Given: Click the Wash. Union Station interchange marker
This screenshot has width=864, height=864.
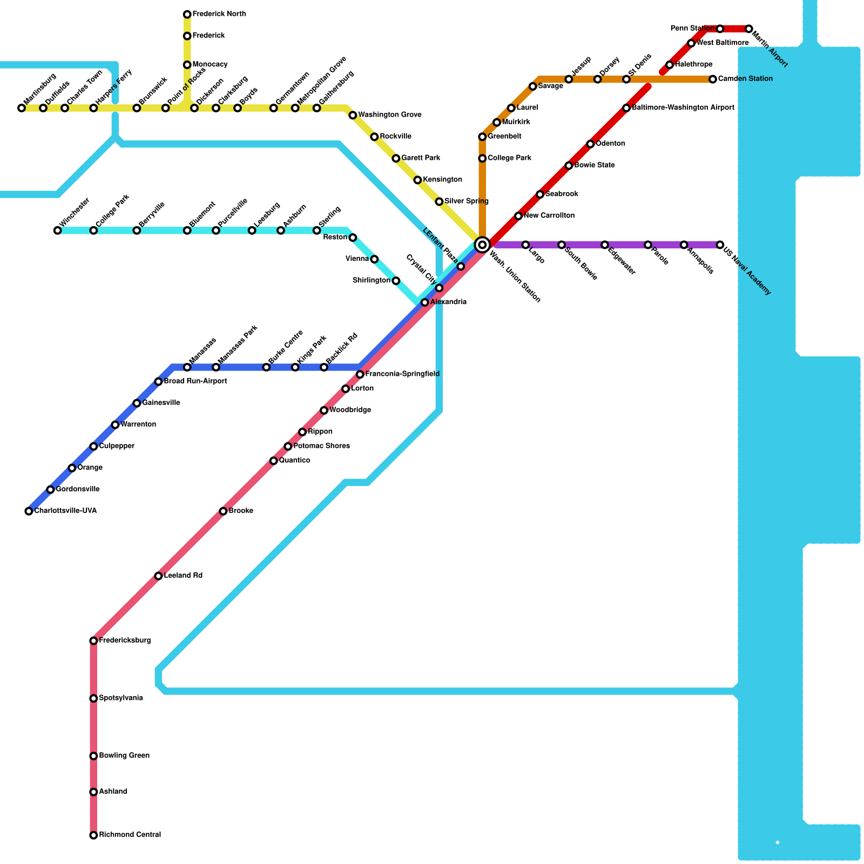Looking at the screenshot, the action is click(x=482, y=245).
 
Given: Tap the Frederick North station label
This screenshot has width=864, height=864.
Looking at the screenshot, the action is click(x=219, y=14).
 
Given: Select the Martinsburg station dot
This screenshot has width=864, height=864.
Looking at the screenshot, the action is click(x=22, y=108).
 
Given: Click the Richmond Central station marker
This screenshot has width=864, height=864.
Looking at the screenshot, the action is click(x=93, y=835).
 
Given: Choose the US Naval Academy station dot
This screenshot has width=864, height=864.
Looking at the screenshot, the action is click(x=720, y=245).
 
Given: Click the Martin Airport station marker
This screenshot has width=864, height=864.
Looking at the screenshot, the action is click(x=748, y=29).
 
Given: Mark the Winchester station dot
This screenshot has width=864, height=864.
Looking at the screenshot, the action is click(x=58, y=231).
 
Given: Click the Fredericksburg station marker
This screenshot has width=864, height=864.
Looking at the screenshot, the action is click(x=93, y=641).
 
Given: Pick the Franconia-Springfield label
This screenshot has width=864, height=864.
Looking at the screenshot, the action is click(x=402, y=374).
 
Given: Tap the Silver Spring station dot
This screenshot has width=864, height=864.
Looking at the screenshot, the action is click(x=439, y=201).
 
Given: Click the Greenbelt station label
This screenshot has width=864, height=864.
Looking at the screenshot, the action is click(x=504, y=137).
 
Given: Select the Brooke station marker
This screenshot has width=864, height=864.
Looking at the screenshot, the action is click(x=223, y=511).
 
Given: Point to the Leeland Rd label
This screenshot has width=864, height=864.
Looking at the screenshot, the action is click(x=183, y=576).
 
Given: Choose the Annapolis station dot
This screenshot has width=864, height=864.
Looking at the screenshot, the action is click(x=684, y=245).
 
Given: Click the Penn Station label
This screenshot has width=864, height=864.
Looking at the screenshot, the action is click(x=692, y=29).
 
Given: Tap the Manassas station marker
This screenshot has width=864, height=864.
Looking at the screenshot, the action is click(x=187, y=367).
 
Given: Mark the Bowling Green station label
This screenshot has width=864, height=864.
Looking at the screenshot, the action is click(x=124, y=755).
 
